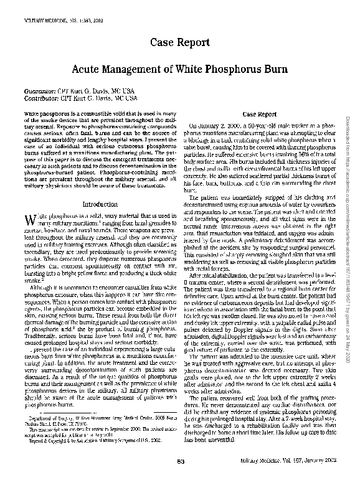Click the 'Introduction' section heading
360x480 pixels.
[x=100, y=204]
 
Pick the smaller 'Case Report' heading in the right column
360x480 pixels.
[x=258, y=115]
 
